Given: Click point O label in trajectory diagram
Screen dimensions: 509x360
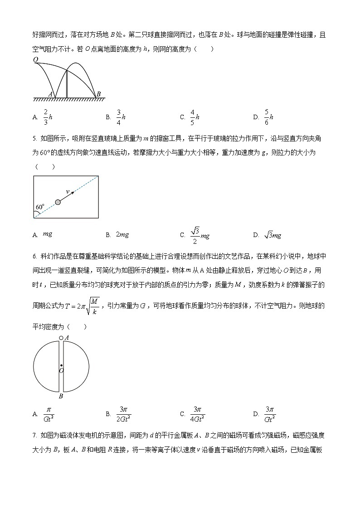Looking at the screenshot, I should [x=35, y=59].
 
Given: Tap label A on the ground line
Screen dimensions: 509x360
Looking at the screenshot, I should [x=50, y=94].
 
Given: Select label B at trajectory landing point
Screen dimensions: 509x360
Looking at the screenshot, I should [x=98, y=94].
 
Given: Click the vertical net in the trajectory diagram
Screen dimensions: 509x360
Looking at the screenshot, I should [x=67, y=84].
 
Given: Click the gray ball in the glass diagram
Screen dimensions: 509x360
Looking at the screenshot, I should [x=58, y=202].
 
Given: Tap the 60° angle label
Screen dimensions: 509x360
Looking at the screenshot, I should [x=40, y=207].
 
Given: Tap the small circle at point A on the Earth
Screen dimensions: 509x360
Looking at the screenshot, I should [x=61, y=338].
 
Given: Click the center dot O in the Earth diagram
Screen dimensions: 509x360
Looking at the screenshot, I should [x=61, y=365].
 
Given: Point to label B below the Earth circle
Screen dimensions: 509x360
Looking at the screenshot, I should [x=61, y=397].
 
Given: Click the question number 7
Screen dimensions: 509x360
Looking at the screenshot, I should [x=34, y=436].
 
